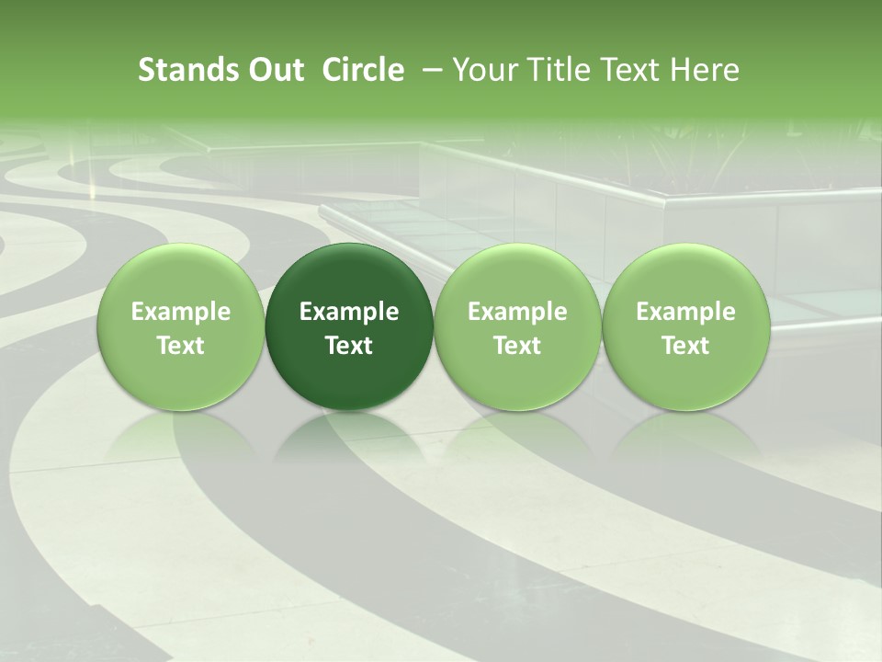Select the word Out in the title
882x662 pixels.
pyautogui.click(x=275, y=70)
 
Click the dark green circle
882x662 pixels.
pyautogui.click(x=349, y=326)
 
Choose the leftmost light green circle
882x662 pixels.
pyautogui.click(x=180, y=326)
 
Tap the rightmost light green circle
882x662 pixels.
pyautogui.click(x=685, y=326)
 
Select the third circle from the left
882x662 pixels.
pyautogui.click(x=517, y=326)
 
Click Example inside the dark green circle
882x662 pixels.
pyautogui.click(x=349, y=312)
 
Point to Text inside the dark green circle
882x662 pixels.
pyautogui.click(x=349, y=346)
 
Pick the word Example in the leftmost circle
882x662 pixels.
pyautogui.click(x=180, y=312)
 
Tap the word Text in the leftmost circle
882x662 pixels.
pyautogui.click(x=180, y=346)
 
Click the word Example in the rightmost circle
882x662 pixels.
pyautogui.click(x=685, y=312)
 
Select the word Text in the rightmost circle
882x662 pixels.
pyautogui.click(x=685, y=346)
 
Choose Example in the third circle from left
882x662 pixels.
pyautogui.click(x=517, y=312)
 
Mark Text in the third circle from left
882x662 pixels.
pyautogui.click(x=517, y=346)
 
